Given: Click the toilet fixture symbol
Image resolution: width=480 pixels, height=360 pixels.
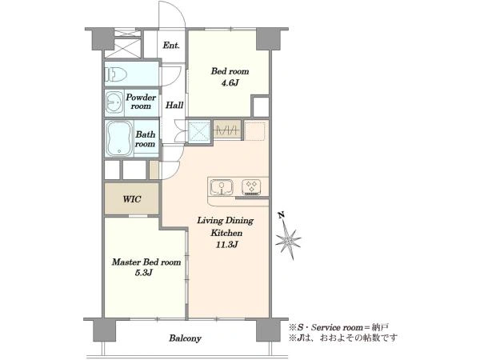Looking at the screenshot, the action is tap(116, 74).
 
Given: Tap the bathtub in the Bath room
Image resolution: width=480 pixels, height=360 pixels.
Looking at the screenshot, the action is tap(119, 138).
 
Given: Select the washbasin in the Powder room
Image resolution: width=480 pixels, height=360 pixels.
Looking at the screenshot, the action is tap(114, 102).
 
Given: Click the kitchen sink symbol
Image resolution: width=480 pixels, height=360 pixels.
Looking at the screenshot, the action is tap(222, 186).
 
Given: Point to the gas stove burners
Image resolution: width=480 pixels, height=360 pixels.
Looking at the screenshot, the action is tap(252, 187).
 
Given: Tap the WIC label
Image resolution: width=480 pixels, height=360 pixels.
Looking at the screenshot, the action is tap(132, 199).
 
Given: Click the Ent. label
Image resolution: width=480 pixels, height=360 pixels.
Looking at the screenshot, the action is tap(171, 46).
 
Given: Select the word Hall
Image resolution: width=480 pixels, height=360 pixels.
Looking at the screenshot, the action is tap(174, 106).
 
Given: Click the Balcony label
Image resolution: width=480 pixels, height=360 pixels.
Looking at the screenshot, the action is tap(186, 338).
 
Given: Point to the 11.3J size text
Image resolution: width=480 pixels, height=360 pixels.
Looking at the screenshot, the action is tap(227, 245).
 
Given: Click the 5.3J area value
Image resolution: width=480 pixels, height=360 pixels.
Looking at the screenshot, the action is tap(144, 273).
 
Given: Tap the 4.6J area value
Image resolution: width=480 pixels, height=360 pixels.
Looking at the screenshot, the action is tap(230, 82).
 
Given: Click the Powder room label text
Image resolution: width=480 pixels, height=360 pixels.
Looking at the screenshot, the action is tap(141, 102).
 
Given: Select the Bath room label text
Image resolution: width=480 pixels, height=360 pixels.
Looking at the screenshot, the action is tap(145, 139).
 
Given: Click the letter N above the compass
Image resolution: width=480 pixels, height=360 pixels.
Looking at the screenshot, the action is tap(282, 215).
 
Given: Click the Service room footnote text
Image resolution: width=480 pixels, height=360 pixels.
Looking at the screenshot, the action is tap(338, 327).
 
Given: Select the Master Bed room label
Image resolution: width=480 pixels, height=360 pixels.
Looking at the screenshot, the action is tap(146, 262).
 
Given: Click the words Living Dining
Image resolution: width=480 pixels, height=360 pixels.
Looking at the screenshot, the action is tap(226, 221).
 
